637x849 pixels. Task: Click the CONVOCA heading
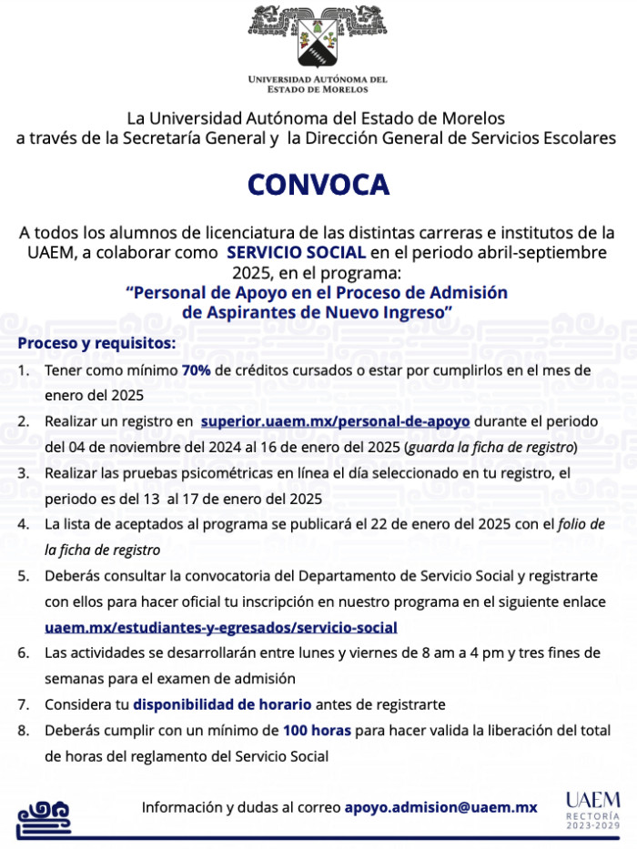(x=318, y=185)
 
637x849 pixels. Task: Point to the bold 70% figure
(x=197, y=370)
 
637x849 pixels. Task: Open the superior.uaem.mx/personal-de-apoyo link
(x=335, y=421)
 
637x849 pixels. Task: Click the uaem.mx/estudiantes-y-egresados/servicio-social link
(x=221, y=627)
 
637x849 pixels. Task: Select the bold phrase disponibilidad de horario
(x=222, y=704)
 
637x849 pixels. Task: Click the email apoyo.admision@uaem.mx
(x=440, y=807)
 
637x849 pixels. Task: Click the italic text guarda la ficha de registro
(x=490, y=448)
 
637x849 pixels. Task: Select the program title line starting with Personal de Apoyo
(x=318, y=292)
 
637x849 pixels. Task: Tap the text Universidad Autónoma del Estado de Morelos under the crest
(x=318, y=85)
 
